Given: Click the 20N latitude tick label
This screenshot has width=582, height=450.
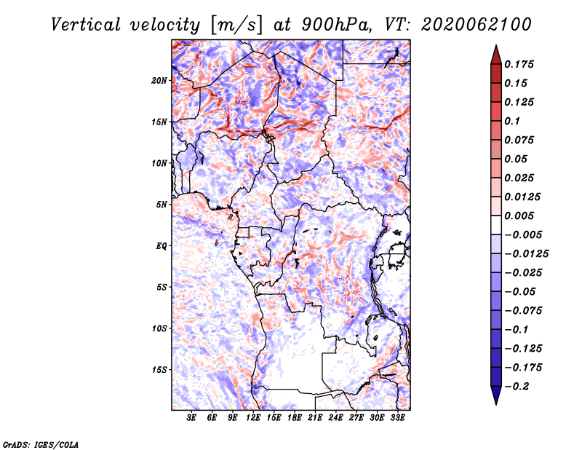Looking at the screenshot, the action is [159, 80].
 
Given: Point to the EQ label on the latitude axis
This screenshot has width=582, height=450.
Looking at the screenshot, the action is [161, 246].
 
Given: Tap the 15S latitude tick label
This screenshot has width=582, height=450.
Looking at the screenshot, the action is [159, 370].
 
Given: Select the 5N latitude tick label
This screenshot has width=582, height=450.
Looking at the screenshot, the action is [162, 205].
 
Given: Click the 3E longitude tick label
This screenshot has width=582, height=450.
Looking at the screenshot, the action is [191, 418].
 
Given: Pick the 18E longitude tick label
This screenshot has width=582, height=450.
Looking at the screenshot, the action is [295, 418].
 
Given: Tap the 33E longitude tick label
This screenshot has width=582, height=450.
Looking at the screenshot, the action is [397, 418].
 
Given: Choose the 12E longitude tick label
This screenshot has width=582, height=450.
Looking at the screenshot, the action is [253, 418].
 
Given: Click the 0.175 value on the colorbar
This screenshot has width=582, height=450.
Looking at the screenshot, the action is [519, 64].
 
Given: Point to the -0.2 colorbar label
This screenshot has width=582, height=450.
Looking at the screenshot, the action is [517, 387].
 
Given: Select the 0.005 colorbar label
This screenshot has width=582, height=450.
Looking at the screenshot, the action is [519, 216].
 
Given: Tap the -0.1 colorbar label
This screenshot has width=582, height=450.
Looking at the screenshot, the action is [516, 330].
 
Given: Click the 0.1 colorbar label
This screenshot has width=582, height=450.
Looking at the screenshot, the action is [512, 121].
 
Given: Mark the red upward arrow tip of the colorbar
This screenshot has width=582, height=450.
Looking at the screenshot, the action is [496, 45].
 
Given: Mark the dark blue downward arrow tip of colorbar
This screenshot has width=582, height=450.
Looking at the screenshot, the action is [496, 404].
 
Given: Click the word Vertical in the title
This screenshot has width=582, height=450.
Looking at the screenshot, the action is [85, 25].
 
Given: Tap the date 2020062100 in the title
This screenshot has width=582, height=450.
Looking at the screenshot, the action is [477, 25].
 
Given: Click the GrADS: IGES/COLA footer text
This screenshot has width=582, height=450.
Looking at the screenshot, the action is [41, 445].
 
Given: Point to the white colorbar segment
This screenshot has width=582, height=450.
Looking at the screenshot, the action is [496, 225].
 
